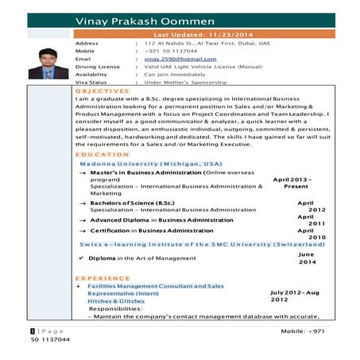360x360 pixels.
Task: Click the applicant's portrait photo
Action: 48,63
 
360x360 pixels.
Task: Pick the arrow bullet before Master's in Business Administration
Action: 82,172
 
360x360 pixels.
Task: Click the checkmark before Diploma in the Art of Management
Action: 82,258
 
